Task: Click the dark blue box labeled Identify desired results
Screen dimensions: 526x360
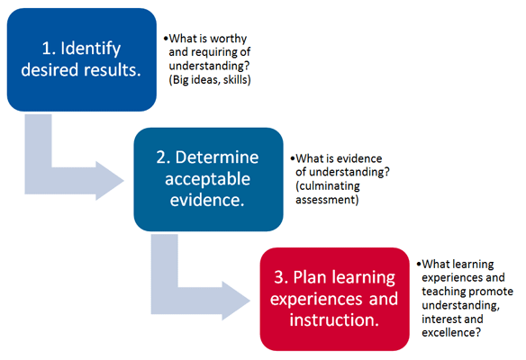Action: coord(82,59)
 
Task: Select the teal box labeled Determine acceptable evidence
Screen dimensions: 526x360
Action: coord(208,179)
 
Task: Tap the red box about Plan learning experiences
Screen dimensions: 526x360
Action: coord(334,299)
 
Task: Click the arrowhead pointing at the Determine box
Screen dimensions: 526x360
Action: coord(109,181)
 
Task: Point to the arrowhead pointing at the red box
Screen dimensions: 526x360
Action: coord(236,301)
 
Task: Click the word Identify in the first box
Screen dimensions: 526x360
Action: coord(91,49)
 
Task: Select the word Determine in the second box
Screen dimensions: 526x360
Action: coord(217,157)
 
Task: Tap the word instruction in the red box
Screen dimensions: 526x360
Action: coord(334,319)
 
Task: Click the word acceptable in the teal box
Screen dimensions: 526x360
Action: coord(208,179)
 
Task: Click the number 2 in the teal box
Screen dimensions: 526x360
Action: coord(162,157)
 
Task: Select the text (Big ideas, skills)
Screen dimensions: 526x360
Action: coord(210,80)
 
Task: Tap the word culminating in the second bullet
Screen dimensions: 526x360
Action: coord(328,185)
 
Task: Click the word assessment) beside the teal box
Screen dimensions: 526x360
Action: coord(327,200)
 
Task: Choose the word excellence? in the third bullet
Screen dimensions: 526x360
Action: coord(451,332)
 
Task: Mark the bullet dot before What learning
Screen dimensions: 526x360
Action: coord(419,264)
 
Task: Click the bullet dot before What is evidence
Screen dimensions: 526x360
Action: coord(293,158)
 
